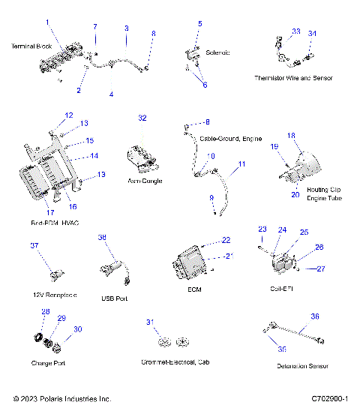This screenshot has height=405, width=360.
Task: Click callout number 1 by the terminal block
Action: (48, 22)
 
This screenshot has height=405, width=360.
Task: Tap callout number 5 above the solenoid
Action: (199, 24)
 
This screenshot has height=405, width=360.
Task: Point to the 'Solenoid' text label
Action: (217, 52)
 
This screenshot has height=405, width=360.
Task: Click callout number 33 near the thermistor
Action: (295, 31)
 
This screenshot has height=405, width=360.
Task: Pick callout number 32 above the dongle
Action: (142, 118)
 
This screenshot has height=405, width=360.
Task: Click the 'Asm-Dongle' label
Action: (145, 181)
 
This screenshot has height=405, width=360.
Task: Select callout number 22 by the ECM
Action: (226, 240)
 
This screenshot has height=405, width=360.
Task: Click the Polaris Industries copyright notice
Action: (62, 398)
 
